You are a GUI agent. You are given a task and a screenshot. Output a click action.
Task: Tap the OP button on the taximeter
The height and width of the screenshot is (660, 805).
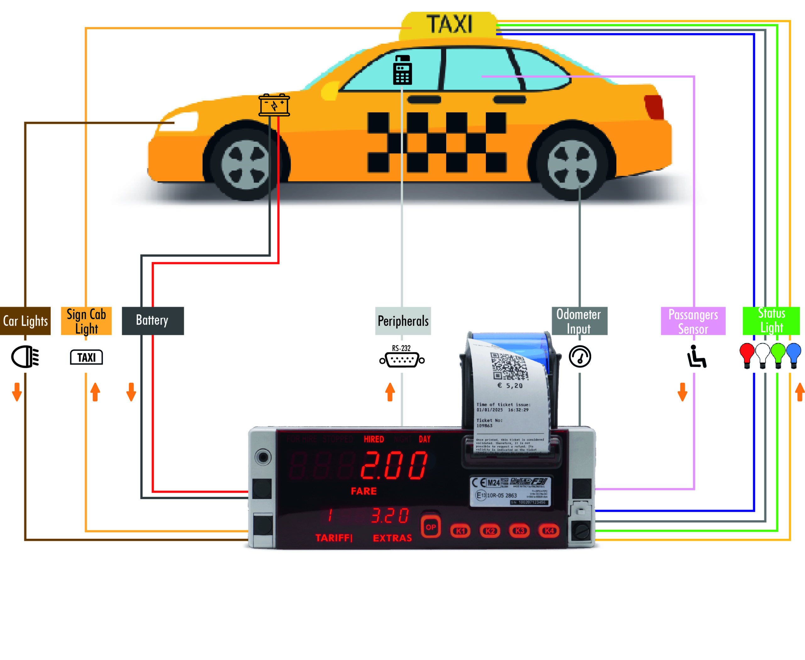(x=430, y=527)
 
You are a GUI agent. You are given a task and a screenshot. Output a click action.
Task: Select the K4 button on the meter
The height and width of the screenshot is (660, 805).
(x=549, y=530)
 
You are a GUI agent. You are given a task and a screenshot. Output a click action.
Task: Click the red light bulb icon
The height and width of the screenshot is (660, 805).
(x=747, y=354)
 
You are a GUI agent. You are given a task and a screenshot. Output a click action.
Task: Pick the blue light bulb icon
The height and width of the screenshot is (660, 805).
(x=793, y=354)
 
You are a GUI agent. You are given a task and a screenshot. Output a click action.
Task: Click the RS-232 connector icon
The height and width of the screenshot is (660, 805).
(x=402, y=358)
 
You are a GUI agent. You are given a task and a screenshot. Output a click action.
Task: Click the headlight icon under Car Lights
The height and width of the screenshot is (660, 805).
(x=25, y=356)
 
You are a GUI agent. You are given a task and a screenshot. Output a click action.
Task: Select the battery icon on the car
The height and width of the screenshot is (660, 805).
(x=274, y=104)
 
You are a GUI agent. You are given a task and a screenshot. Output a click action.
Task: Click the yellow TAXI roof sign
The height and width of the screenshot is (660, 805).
(x=449, y=25)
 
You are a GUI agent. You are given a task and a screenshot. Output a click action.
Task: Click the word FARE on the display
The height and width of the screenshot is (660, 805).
(x=364, y=491)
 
